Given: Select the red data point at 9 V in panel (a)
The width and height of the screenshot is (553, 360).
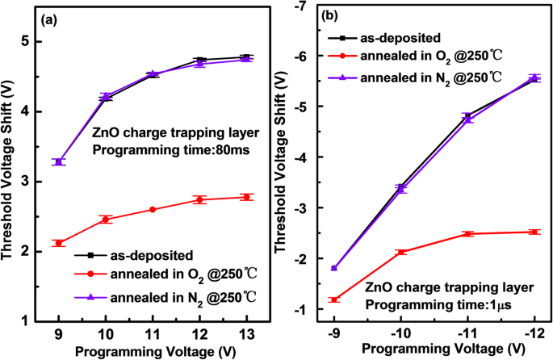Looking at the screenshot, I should pyautogui.click(x=59, y=243).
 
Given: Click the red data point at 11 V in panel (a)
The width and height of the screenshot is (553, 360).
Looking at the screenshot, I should pyautogui.click(x=153, y=209).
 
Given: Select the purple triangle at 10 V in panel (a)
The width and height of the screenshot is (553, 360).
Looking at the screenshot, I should pyautogui.click(x=106, y=96).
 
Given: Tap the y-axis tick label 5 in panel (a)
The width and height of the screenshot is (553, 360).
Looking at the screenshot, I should pyautogui.click(x=26, y=42).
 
